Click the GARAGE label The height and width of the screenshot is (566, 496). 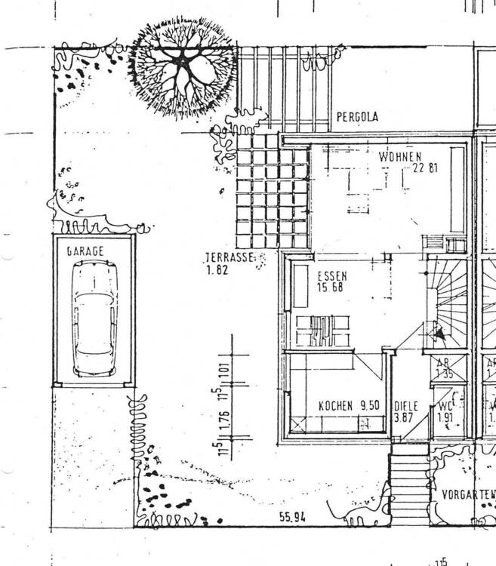pyautogui.click(x=84, y=251)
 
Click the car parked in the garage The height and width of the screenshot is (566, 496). pyautogui.click(x=94, y=318)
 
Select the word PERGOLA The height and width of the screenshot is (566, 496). pyautogui.click(x=357, y=118)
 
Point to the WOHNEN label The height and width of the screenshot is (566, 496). pyautogui.click(x=400, y=156)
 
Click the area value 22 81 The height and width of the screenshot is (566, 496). pyautogui.click(x=424, y=168)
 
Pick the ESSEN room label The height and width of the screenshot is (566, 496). pyautogui.click(x=331, y=276)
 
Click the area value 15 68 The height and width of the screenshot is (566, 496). pyautogui.click(x=331, y=288)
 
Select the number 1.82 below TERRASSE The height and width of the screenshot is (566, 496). pyautogui.click(x=217, y=269)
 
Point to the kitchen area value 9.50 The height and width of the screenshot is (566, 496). pyautogui.click(x=371, y=406)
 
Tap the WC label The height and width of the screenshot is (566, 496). pyautogui.click(x=445, y=406)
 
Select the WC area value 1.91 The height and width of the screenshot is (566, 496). pyautogui.click(x=445, y=417)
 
